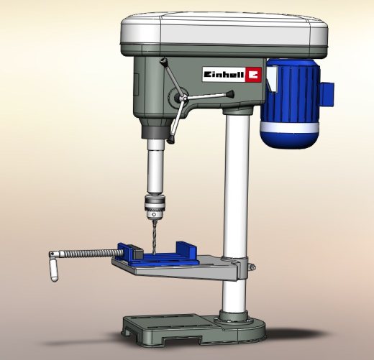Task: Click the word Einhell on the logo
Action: (x=224, y=75)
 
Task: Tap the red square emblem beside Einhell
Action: (x=253, y=75)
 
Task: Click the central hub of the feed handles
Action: (x=183, y=98)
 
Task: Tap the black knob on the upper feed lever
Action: (x=163, y=61)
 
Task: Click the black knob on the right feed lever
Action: (x=230, y=93)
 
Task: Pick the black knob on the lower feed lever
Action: (x=170, y=139)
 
